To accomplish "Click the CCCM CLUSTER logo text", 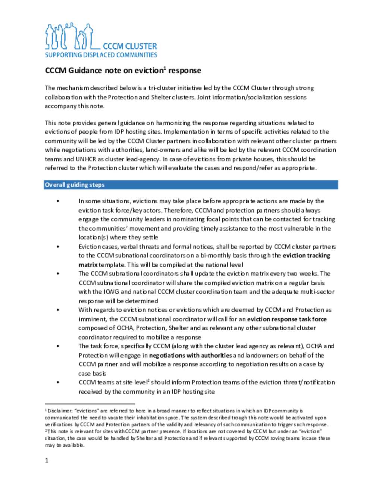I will click(129, 46).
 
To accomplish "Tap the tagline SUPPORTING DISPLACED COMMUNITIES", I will click(101, 55).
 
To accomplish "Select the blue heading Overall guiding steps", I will click(75, 185).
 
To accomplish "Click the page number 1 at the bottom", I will click(47, 460).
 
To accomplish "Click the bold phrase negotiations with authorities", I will click(190, 355).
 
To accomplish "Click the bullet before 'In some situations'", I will click(58, 201).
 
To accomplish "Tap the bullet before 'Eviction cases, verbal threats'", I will click(58, 247).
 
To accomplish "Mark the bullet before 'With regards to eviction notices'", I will click(58, 310).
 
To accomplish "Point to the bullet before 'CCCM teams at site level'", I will click(58, 383).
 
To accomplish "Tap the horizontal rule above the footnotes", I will click(90, 404).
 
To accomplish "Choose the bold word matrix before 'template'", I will click(88, 265).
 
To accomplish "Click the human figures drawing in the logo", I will click(69, 37).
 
